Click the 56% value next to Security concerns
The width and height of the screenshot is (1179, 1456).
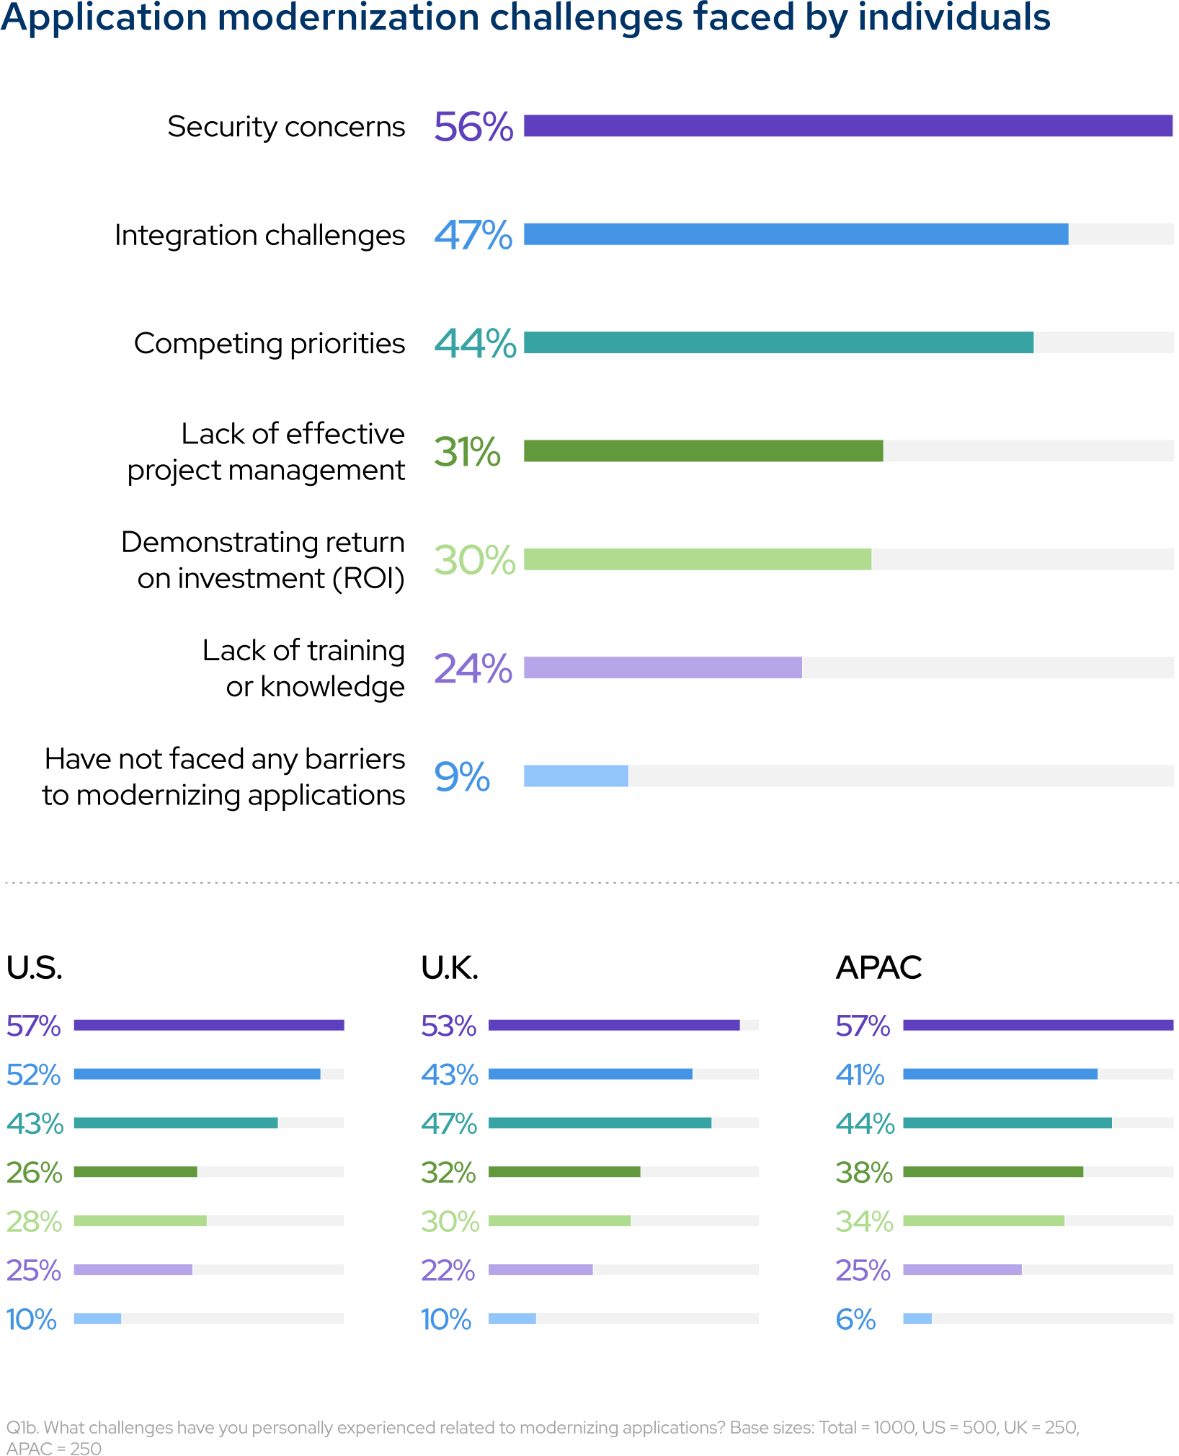(473, 127)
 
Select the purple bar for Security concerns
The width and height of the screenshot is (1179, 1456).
(847, 126)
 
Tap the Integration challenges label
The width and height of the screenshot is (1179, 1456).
(259, 235)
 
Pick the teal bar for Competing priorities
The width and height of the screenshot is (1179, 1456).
(778, 342)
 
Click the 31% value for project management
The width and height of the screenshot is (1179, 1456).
(467, 452)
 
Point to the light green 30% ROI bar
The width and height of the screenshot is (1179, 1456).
(697, 559)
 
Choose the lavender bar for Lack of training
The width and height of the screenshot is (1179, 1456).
(662, 667)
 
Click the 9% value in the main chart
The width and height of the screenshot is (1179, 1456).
(462, 777)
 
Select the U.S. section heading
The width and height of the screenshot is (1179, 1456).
(34, 967)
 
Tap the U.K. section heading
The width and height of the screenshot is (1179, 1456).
(450, 967)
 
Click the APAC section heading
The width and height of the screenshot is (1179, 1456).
(878, 967)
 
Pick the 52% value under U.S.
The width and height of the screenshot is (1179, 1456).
(33, 1075)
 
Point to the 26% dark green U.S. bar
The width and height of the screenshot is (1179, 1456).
(135, 1172)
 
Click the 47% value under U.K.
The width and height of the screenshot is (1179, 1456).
(449, 1124)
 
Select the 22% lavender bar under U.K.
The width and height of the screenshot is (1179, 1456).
(540, 1269)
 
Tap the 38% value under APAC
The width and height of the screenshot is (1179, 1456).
(864, 1173)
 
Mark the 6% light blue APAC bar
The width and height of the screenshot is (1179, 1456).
(917, 1318)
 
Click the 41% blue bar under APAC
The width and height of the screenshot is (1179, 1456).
(1000, 1074)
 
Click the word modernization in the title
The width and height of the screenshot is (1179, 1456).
(348, 17)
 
